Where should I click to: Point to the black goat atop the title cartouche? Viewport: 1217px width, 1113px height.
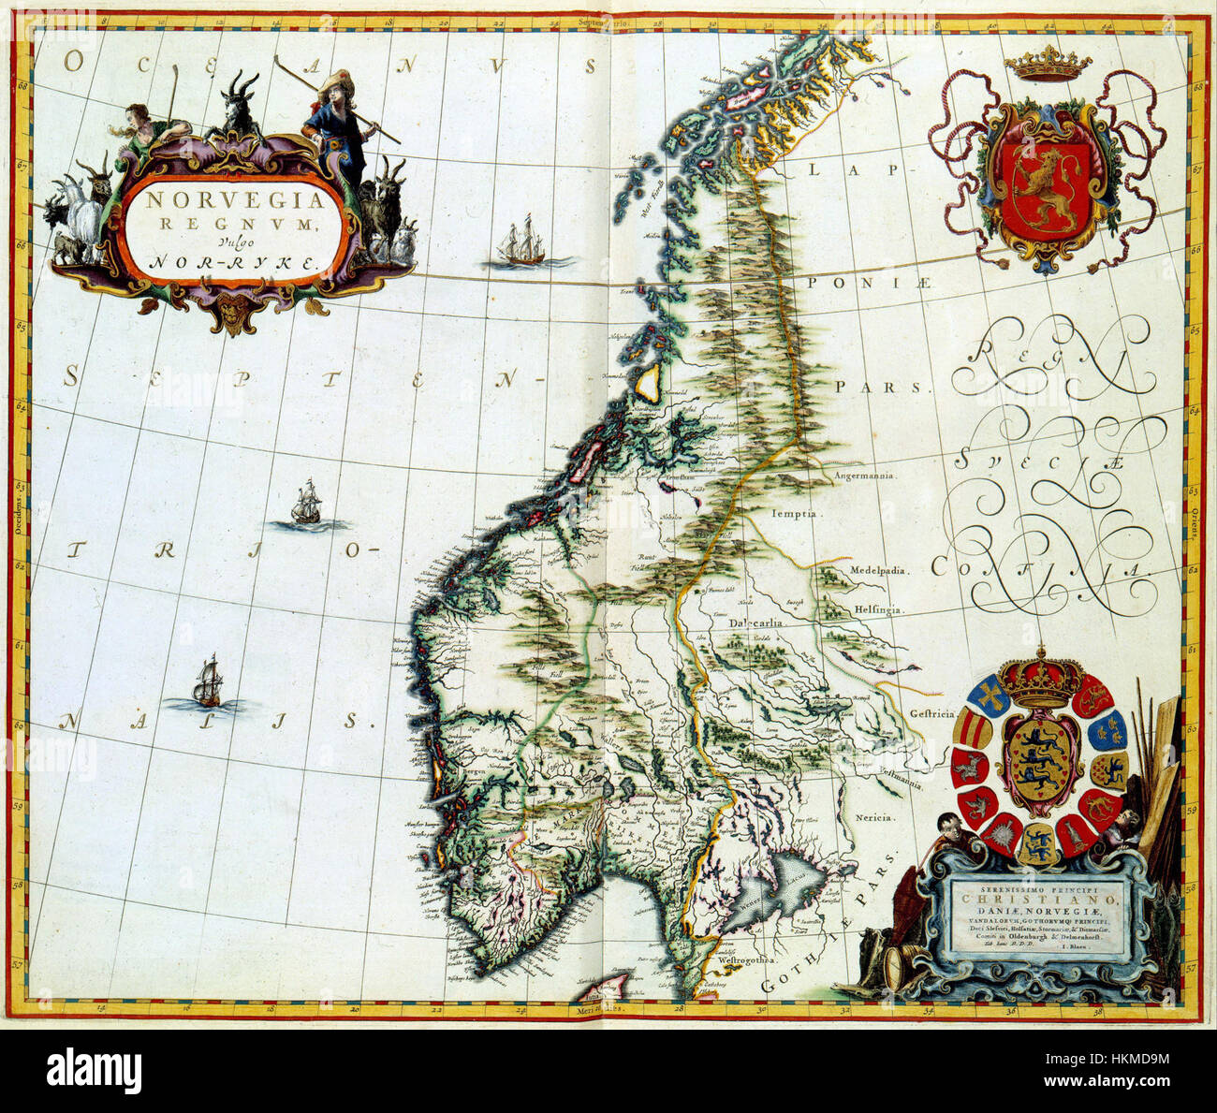click(x=240, y=103)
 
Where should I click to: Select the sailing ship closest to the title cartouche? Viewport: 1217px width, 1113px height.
click(x=520, y=245)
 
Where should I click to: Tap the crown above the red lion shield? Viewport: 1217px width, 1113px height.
click(x=1048, y=66)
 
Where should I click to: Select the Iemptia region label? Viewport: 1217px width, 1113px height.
click(x=796, y=514)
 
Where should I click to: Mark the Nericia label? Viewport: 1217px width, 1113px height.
click(x=875, y=817)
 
